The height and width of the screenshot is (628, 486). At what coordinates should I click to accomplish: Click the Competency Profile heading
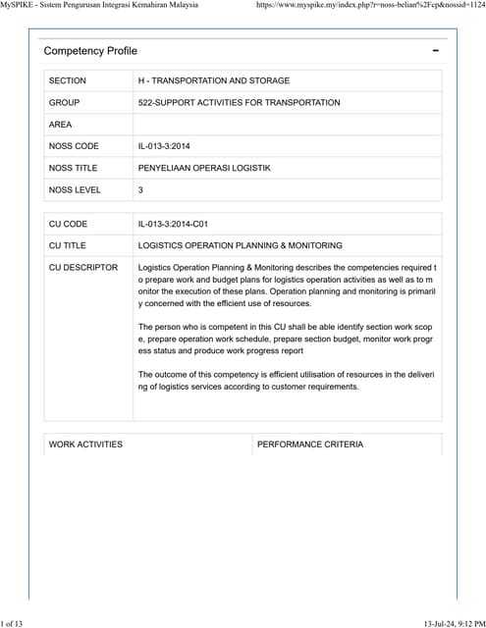pos(90,51)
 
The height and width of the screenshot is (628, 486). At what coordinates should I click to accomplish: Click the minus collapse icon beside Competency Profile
pos(435,51)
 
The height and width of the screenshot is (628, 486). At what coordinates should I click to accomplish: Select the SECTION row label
pos(68,80)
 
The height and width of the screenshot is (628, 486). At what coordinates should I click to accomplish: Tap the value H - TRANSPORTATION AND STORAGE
pos(214,80)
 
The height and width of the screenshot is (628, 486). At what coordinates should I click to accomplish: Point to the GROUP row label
pos(65,102)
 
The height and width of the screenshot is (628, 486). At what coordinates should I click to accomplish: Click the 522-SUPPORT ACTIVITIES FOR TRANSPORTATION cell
pos(240,102)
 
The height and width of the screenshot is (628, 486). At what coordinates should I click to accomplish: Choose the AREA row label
pos(62,125)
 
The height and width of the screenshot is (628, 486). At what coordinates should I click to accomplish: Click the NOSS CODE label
pos(74,146)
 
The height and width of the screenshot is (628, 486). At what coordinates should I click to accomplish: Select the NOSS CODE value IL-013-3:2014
pos(166,146)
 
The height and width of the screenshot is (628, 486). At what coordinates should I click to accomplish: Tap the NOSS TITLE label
pos(74,168)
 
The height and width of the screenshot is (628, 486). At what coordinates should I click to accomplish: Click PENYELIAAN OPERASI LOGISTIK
pos(204,168)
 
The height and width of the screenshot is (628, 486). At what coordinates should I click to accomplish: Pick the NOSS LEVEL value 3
pos(141,190)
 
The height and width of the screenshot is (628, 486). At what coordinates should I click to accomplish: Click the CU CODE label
pos(69,224)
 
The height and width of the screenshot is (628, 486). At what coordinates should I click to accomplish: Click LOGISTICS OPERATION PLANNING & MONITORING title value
pos(240,245)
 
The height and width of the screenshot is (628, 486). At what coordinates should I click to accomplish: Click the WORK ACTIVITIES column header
pos(85,445)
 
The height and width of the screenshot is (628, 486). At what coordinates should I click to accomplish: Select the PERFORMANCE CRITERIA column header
pos(310,445)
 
